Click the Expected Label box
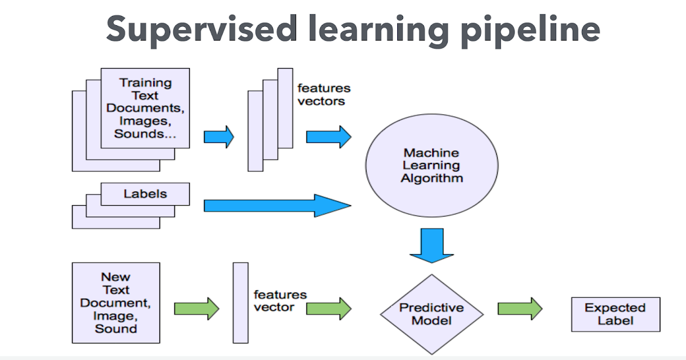pos(615,314)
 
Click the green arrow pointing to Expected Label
pos(519,309)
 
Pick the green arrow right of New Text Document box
pos(196,309)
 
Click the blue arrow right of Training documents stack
pos(219,137)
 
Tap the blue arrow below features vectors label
pos(328,137)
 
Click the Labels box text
pos(145,194)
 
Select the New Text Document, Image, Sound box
pos(116,303)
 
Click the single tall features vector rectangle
pos(241,303)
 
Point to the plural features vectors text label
pos(323,95)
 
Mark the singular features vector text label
pos(280,301)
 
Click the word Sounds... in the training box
pos(145,134)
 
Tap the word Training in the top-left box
pos(145,83)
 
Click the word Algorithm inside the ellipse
pos(432,178)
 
